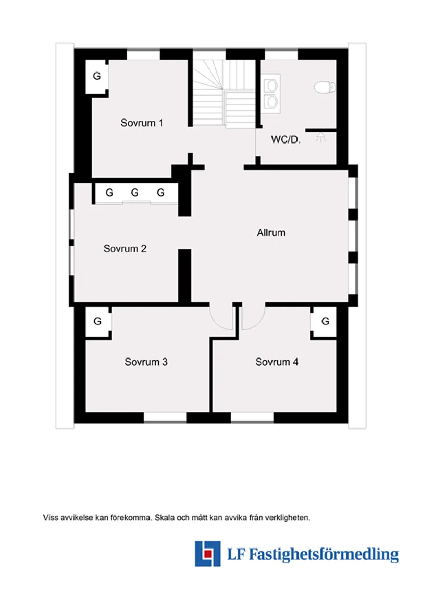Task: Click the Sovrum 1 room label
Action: [x=142, y=123]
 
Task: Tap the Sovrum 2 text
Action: [x=125, y=249]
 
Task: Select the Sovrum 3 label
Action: [x=146, y=362]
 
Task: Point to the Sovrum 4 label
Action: [x=277, y=362]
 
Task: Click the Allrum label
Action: [x=271, y=233]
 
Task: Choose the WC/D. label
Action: [x=285, y=139]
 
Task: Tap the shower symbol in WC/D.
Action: [x=320, y=137]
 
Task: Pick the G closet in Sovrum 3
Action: [x=97, y=322]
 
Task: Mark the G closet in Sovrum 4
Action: [x=325, y=322]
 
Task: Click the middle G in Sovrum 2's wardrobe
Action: [x=135, y=193]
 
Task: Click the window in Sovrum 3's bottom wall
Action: [x=165, y=417]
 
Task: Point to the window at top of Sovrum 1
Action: [x=143, y=54]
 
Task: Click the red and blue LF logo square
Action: [x=208, y=554]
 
